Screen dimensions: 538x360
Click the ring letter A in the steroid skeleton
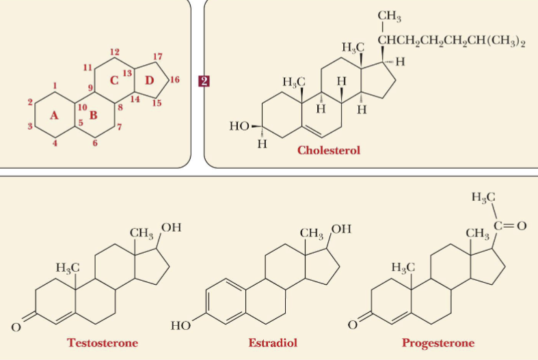click(x=54, y=115)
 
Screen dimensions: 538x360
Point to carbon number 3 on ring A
click(x=30, y=126)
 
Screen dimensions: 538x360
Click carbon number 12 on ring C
click(x=115, y=52)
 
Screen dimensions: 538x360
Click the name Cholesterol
click(x=328, y=150)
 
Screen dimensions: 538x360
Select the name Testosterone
click(x=103, y=342)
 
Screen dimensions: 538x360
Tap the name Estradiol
click(x=273, y=342)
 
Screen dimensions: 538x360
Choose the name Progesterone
click(x=438, y=342)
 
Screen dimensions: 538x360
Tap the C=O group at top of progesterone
click(x=511, y=226)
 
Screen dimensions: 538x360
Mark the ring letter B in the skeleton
click(x=94, y=114)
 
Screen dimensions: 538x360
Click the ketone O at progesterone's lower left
click(x=353, y=325)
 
